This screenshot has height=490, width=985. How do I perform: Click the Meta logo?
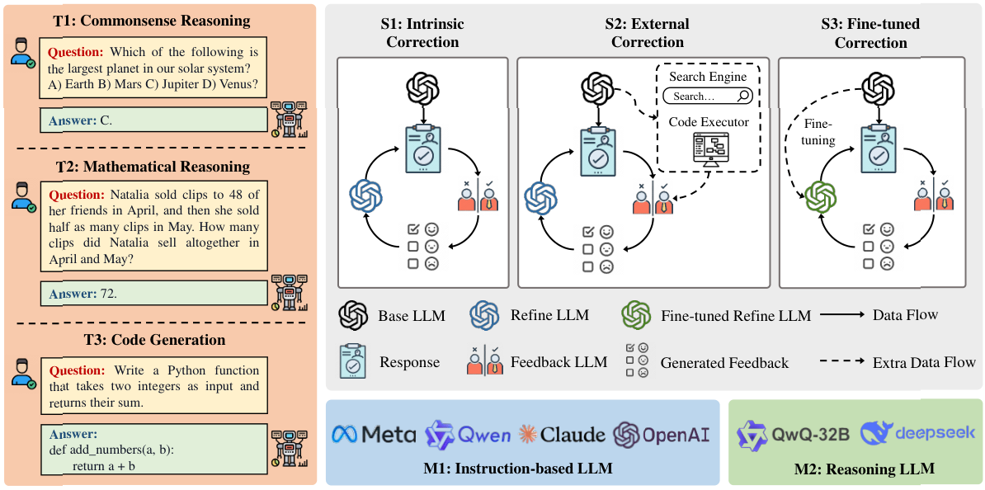(x=373, y=435)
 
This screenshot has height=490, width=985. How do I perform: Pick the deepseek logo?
(x=917, y=433)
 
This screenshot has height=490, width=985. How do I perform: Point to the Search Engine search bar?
(x=708, y=97)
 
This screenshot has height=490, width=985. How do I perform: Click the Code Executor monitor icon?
(x=707, y=152)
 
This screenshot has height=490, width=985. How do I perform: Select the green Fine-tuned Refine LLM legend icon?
(x=637, y=315)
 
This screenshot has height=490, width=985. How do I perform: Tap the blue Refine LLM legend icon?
(x=485, y=315)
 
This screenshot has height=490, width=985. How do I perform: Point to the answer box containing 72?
(x=155, y=293)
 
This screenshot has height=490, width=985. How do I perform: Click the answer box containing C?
(x=155, y=120)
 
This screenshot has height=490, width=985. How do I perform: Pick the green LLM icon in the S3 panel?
(x=822, y=196)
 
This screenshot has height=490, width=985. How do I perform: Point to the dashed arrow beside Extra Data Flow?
(x=841, y=362)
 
